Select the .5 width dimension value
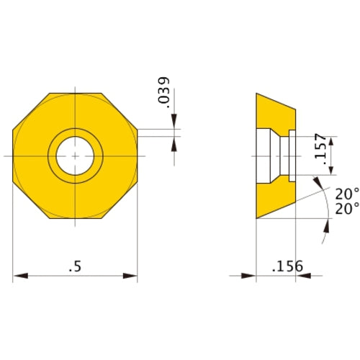pos(75,266)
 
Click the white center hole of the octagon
pos(75,156)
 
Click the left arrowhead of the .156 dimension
pos(251,276)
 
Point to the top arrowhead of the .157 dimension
pos(331,138)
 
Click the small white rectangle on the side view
pos(293,155)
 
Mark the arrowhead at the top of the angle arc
pos(318,182)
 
